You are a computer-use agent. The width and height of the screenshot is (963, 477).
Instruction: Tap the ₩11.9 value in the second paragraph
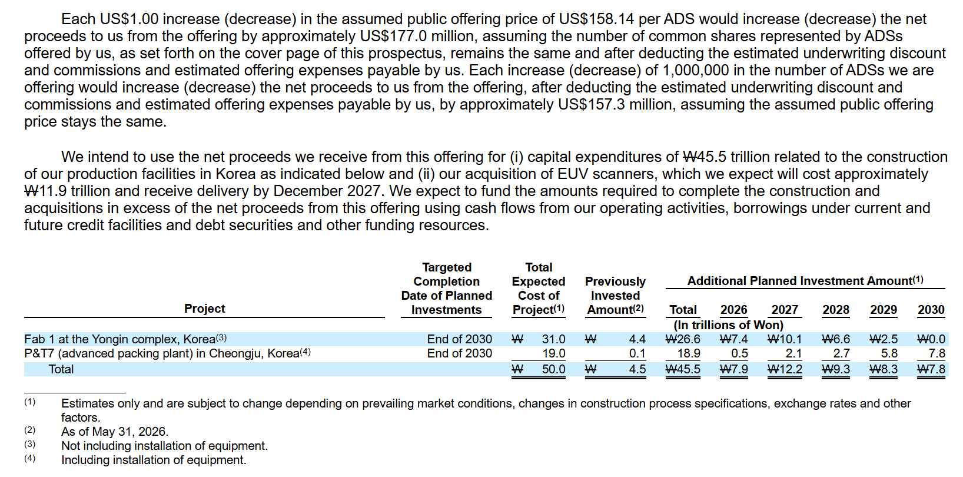point(45,191)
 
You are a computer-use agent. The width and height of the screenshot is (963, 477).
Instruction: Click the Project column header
point(205,309)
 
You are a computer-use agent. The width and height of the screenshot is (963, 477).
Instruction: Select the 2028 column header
point(836,310)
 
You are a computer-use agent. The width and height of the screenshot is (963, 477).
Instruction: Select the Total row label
point(61,369)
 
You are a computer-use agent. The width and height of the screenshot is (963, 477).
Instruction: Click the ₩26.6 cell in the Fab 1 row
point(683,339)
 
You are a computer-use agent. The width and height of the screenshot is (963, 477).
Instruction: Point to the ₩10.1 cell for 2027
point(785,339)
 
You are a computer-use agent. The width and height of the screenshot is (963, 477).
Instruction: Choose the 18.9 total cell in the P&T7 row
point(689,353)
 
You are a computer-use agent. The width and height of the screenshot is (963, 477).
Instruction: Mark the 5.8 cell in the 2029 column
point(889,353)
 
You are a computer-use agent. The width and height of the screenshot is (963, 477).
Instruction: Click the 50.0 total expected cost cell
point(553,369)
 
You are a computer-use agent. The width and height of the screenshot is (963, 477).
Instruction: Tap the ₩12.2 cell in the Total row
point(785,369)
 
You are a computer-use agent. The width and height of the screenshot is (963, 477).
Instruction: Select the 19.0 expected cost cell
point(554,353)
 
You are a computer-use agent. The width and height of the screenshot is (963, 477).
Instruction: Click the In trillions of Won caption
point(729,324)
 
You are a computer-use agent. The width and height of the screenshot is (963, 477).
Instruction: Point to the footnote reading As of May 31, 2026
point(115,432)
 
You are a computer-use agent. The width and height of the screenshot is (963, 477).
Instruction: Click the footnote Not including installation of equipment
point(164,446)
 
